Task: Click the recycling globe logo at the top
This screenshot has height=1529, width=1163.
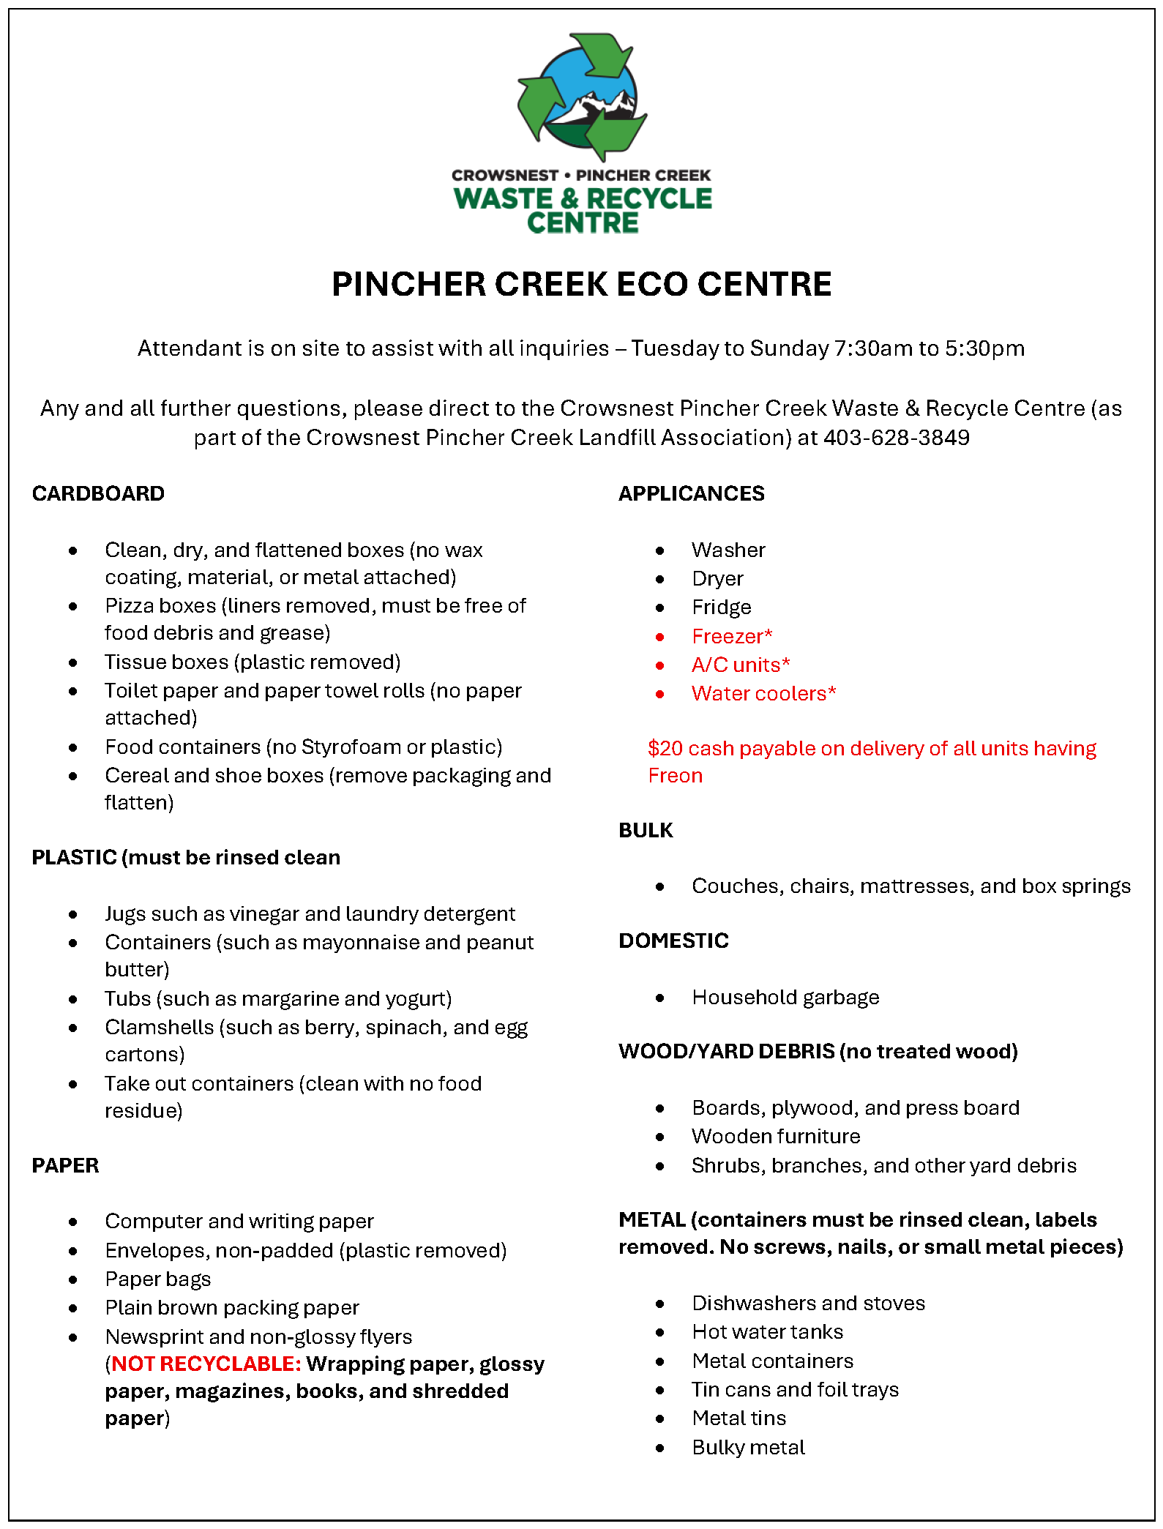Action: (582, 97)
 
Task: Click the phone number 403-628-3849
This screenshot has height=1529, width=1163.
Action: (896, 438)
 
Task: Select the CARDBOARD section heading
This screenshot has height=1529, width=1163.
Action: (98, 494)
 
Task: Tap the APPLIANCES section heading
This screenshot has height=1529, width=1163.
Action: (691, 494)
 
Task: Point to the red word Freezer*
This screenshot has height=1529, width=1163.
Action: (732, 637)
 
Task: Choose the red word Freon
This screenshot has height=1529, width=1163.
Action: (675, 776)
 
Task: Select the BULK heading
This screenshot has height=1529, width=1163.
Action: (646, 831)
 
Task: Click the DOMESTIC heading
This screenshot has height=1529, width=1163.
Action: (673, 941)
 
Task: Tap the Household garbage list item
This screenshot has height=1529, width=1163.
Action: (785, 998)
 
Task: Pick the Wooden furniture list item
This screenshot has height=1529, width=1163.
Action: (776, 1137)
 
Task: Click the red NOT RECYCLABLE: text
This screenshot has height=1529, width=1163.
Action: (206, 1364)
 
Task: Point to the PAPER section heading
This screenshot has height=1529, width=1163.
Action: (65, 1166)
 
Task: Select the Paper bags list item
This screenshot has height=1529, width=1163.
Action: (158, 1279)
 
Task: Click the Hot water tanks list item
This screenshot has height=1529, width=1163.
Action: (767, 1332)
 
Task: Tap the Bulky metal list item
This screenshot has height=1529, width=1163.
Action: (748, 1448)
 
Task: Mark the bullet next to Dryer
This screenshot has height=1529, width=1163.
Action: (660, 580)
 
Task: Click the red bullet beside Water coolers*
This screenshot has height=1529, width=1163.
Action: (660, 695)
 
